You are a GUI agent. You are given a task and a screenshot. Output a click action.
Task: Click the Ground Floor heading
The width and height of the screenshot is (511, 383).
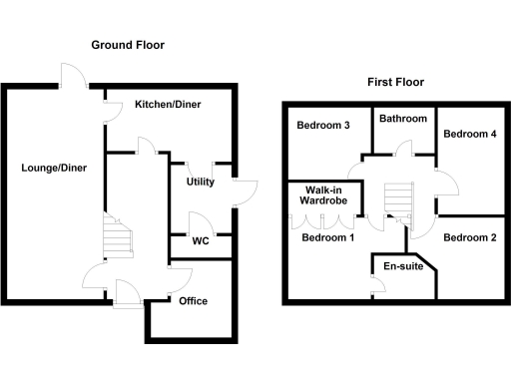pos(128,45)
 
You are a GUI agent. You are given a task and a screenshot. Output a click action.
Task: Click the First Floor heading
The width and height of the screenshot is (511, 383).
pos(396,82)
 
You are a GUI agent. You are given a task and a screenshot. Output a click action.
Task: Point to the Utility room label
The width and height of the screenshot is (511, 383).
pos(201,182)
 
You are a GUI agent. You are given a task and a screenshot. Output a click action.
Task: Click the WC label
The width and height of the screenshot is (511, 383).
pos(200,240)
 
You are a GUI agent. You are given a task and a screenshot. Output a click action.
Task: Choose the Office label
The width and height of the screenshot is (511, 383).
pos(193,300)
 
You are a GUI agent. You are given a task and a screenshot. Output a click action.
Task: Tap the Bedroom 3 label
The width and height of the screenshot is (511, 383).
pos(322,126)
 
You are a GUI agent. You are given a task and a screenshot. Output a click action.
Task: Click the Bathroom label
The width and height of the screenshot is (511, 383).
pos(403,119)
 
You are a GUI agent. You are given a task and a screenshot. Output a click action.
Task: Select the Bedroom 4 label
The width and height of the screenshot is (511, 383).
pos(469,133)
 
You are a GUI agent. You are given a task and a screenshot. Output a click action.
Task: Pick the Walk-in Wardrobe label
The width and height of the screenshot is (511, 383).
pos(325,194)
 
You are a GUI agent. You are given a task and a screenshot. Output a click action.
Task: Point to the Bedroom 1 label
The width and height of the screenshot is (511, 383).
pos(328,237)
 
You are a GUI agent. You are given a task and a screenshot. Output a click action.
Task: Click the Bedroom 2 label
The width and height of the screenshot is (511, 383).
pos(469,237)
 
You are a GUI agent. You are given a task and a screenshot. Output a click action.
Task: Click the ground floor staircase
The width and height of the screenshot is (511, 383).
pos(118,239)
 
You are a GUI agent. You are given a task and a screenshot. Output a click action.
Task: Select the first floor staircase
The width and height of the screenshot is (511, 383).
pos(398,195)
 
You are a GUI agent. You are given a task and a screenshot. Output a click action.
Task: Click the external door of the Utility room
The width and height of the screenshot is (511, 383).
pos(244,192)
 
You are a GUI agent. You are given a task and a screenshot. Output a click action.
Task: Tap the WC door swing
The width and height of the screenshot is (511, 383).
pos(199,221)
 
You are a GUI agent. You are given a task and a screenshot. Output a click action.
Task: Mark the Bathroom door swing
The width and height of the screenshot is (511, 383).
pos(403,150)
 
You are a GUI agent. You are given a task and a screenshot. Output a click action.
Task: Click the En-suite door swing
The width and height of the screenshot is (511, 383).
pos(379,287)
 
